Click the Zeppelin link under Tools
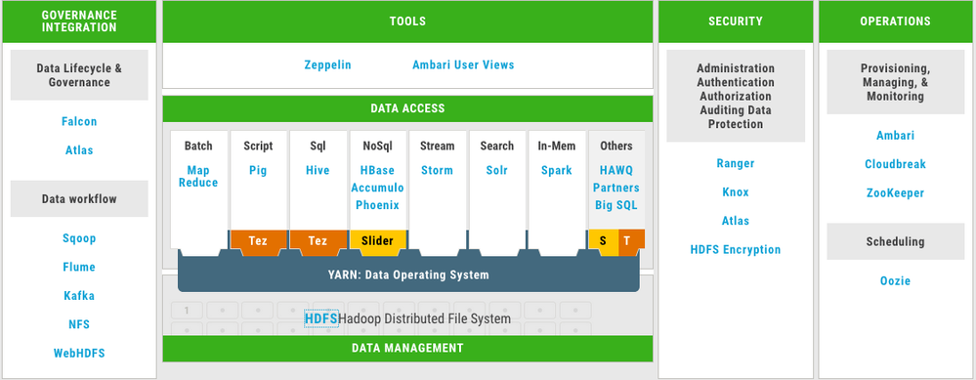tap(327, 65)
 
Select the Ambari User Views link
tap(463, 65)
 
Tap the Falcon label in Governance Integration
tap(79, 122)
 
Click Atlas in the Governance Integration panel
tap(79, 150)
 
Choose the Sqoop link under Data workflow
tap(79, 238)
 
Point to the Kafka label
tap(79, 296)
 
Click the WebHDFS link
tap(79, 354)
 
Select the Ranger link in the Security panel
tap(736, 164)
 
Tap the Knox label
tap(736, 192)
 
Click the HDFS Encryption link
tap(736, 250)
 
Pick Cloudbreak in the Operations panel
tap(895, 164)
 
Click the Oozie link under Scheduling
tap(895, 281)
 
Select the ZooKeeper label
tap(895, 193)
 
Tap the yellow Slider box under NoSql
tap(377, 239)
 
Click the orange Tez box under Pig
tap(259, 239)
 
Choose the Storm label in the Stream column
tap(437, 170)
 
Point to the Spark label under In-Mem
tap(557, 170)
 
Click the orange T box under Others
tap(626, 239)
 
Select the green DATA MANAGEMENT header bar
tap(406, 348)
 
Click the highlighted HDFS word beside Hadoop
tap(321, 318)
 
